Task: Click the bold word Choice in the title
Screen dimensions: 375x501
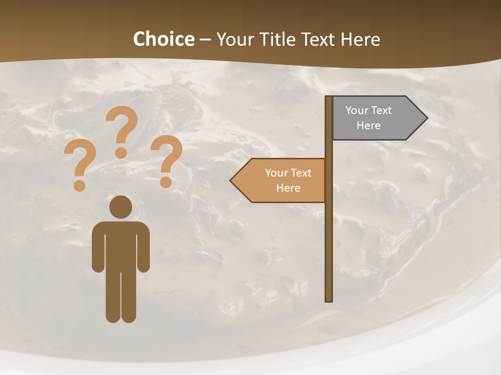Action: coord(163,40)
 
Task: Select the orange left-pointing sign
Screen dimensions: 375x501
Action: coord(282,180)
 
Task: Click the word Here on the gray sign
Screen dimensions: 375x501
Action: coord(368,126)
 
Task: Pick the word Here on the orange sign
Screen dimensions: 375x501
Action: coord(288,188)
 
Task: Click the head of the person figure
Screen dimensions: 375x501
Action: coord(121,207)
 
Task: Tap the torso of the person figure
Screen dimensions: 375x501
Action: coord(121,245)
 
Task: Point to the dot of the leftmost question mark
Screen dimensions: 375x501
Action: coord(79,185)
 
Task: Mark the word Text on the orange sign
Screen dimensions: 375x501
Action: coord(300,173)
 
